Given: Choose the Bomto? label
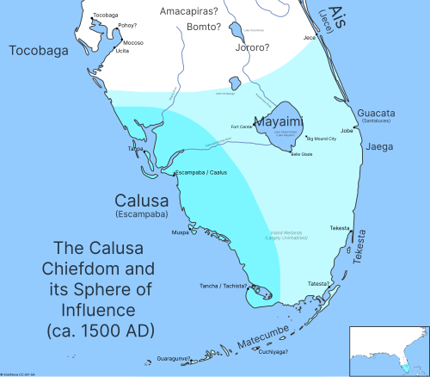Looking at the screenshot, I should tap(204, 28).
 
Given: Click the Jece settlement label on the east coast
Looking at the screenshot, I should tap(309, 38).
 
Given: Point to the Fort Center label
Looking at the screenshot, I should tap(240, 127).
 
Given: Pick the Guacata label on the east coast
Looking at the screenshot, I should tap(377, 114).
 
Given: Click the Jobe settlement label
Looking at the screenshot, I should tap(347, 131).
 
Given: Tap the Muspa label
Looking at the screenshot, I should tap(181, 232).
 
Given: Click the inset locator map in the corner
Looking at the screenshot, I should tap(388, 351).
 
